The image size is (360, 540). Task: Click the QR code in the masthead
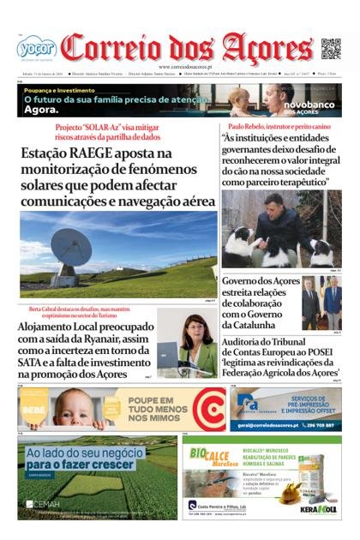331,49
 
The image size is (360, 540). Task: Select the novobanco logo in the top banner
315,106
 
